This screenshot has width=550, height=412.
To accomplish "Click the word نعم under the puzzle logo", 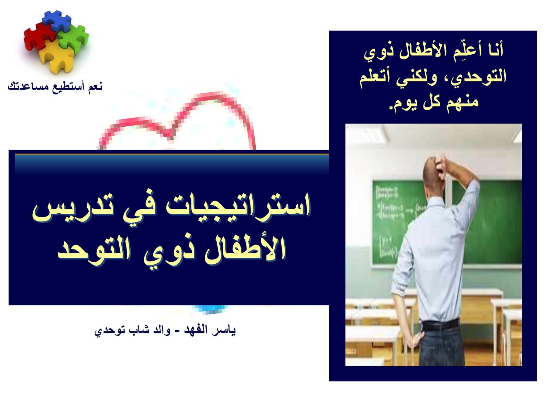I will pos(95,86).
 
